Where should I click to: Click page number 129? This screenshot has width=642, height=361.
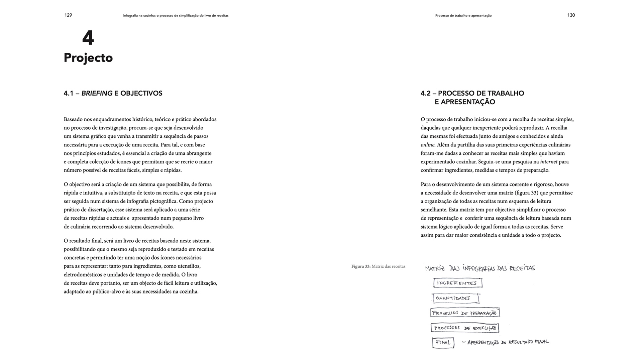pyautogui.click(x=68, y=15)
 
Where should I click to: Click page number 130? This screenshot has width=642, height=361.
pyautogui.click(x=571, y=15)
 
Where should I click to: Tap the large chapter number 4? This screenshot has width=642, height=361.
pyautogui.click(x=88, y=38)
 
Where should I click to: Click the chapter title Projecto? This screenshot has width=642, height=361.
pyautogui.click(x=88, y=58)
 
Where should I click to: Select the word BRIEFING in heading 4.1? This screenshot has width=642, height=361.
pyautogui.click(x=97, y=93)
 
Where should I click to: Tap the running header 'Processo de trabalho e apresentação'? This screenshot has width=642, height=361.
pyautogui.click(x=463, y=16)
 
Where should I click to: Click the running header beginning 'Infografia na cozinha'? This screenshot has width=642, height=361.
pyautogui.click(x=176, y=16)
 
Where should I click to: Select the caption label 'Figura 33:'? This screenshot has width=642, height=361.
pyautogui.click(x=361, y=266)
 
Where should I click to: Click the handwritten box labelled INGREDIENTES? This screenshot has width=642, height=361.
pyautogui.click(x=457, y=283)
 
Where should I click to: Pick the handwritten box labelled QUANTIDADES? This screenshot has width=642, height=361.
pyautogui.click(x=455, y=298)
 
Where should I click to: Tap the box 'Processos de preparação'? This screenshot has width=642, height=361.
pyautogui.click(x=465, y=313)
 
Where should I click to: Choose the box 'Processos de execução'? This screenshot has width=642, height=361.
pyautogui.click(x=465, y=328)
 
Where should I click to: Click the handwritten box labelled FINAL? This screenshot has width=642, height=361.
pyautogui.click(x=443, y=343)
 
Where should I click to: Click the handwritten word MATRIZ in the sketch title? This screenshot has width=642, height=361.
pyautogui.click(x=435, y=268)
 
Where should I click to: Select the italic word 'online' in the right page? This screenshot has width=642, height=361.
pyautogui.click(x=428, y=145)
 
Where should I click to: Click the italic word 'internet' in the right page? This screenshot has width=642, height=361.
pyautogui.click(x=549, y=162)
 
